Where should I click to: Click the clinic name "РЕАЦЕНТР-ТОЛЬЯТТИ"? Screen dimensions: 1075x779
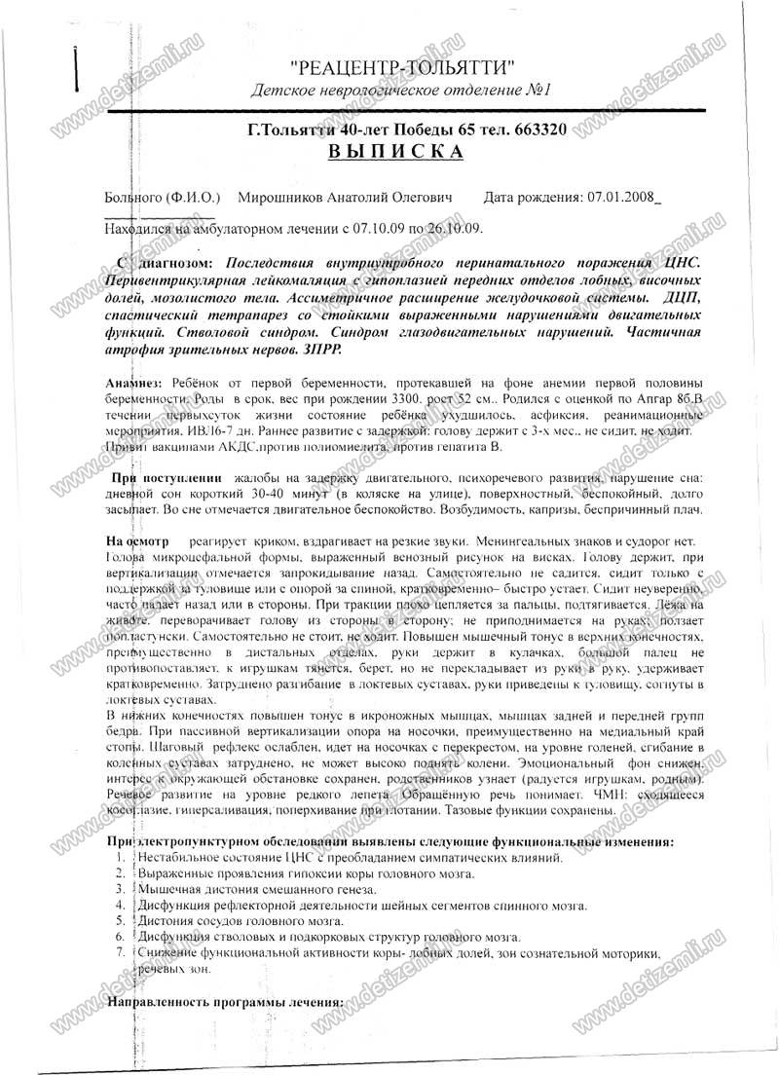pyautogui.click(x=402, y=67)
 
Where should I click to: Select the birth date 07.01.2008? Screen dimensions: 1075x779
pyautogui.click(x=622, y=197)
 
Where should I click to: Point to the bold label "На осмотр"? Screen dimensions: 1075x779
pyautogui.click(x=136, y=538)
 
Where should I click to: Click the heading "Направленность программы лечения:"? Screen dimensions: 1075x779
pyautogui.click(x=225, y=1002)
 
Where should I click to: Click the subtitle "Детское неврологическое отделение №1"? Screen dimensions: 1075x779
pyautogui.click(x=401, y=91)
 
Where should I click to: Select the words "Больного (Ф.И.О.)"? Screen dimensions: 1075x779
pyautogui.click(x=163, y=197)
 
